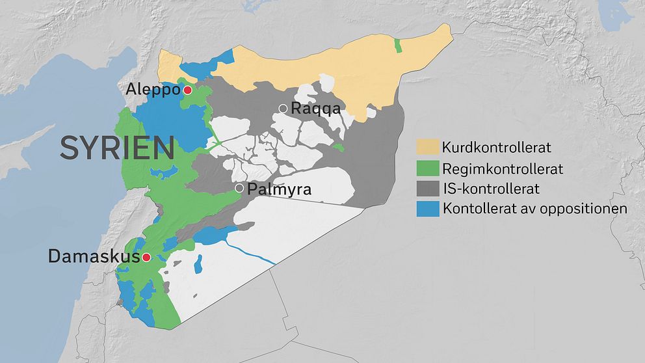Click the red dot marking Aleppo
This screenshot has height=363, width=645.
187,90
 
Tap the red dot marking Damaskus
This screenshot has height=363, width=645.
147,257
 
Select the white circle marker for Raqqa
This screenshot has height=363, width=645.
283,109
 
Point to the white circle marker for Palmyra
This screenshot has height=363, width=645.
239,188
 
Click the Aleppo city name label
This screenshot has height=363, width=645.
153,90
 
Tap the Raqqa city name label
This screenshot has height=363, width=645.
315,109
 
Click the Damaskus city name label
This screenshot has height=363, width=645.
94,257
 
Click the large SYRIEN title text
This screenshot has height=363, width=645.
117,148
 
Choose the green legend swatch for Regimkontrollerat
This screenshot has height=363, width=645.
427,168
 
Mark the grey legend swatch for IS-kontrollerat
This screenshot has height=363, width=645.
427,189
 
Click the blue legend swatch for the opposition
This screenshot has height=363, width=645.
427,209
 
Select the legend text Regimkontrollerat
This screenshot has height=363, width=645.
502,168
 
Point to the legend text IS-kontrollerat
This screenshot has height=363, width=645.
490,189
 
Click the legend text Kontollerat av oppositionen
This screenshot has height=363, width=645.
534,209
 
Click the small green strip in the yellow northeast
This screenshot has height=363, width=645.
398,45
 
